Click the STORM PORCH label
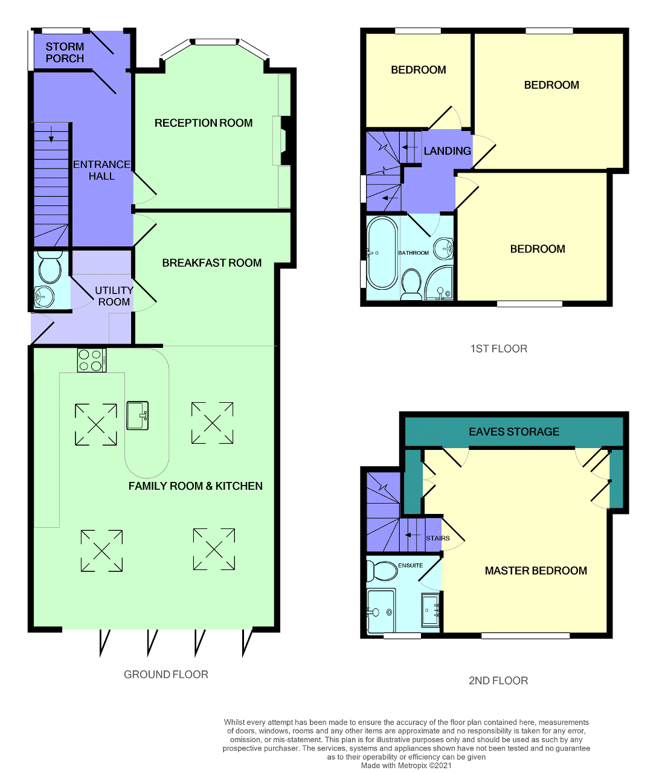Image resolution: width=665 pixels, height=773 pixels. [65, 53]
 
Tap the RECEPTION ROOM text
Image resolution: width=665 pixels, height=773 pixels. [204, 123]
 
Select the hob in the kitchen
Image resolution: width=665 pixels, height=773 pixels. [92, 360]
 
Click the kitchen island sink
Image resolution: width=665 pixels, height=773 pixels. [138, 415]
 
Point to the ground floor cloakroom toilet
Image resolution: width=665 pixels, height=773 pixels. [50, 268]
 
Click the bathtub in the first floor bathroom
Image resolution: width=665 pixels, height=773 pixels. [382, 252]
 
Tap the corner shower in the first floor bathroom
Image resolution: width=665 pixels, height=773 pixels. [440, 284]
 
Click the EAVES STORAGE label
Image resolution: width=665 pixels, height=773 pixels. [514, 432]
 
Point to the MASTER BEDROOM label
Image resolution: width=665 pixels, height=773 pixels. [536, 571]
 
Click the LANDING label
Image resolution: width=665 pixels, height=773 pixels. [447, 151]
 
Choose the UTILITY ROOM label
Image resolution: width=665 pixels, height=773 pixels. [114, 297]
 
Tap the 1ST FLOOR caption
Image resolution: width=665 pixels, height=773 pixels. [498, 348]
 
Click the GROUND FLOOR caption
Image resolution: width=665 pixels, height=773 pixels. [165, 675]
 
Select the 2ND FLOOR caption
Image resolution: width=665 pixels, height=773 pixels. [498, 681]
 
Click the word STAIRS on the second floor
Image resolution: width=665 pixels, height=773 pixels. [438, 538]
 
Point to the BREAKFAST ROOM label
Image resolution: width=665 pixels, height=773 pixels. [211, 263]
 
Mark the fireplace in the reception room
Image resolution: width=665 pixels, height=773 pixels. [285, 141]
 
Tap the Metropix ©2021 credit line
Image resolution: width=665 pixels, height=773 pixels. [406, 765]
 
